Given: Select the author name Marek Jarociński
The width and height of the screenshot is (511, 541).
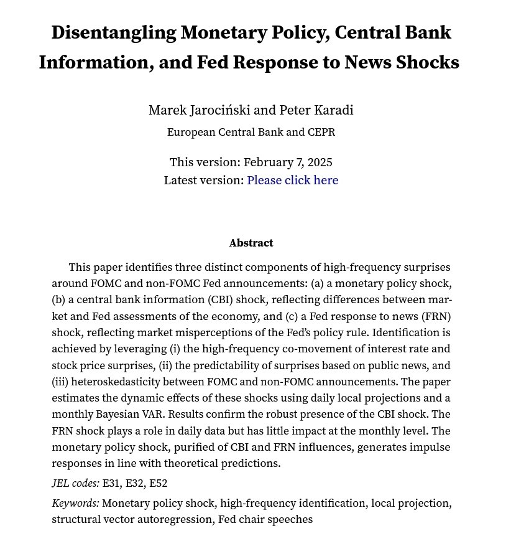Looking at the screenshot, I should pyautogui.click(x=200, y=110).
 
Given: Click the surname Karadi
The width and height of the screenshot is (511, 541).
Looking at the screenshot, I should pyautogui.click(x=333, y=110).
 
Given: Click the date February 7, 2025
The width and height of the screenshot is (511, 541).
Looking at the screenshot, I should pyautogui.click(x=288, y=162).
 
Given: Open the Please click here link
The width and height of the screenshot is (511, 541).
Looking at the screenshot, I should pyautogui.click(x=292, y=181).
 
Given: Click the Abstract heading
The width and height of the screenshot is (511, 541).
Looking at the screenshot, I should pyautogui.click(x=251, y=243).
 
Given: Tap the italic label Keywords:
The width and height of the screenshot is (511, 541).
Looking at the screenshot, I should pyautogui.click(x=75, y=503).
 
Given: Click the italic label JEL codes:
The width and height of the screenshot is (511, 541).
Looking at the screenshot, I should pyautogui.click(x=75, y=483).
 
